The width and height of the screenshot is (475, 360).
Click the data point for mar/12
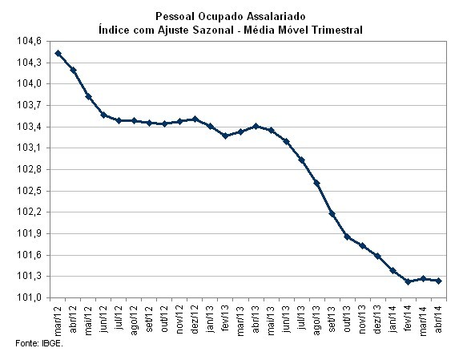click(58, 53)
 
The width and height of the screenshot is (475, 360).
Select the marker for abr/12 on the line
click(73, 70)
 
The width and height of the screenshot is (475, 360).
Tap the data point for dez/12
click(195, 119)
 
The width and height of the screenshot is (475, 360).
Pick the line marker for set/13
click(332, 213)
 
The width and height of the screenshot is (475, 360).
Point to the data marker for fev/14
click(408, 281)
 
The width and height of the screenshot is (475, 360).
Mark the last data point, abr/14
click(438, 281)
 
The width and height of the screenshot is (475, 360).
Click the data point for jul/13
click(301, 160)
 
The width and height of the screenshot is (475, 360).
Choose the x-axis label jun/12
click(104, 317)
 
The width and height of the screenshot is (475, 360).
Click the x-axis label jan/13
click(211, 317)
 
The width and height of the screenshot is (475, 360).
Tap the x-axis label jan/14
click(393, 317)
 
